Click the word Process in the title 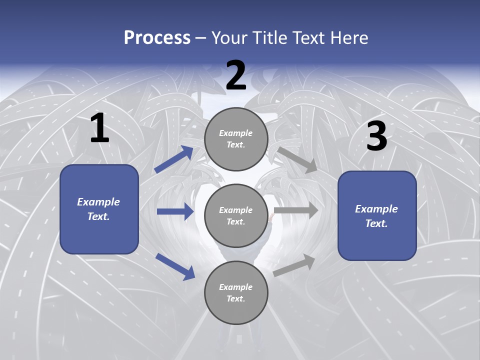tap(157, 38)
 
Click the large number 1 tap(99, 128)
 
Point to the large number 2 tap(236, 75)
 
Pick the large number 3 tap(376, 136)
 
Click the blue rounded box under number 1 tap(99, 209)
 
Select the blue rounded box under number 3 tap(377, 215)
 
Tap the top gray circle tap(236, 139)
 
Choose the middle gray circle tap(236, 215)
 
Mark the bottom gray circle tap(236, 292)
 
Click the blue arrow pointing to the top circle tap(174, 159)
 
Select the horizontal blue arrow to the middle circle tap(175, 211)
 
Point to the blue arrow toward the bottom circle tap(175, 266)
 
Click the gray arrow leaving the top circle tap(297, 159)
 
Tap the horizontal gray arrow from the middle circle tap(296, 210)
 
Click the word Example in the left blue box tap(98, 202)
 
